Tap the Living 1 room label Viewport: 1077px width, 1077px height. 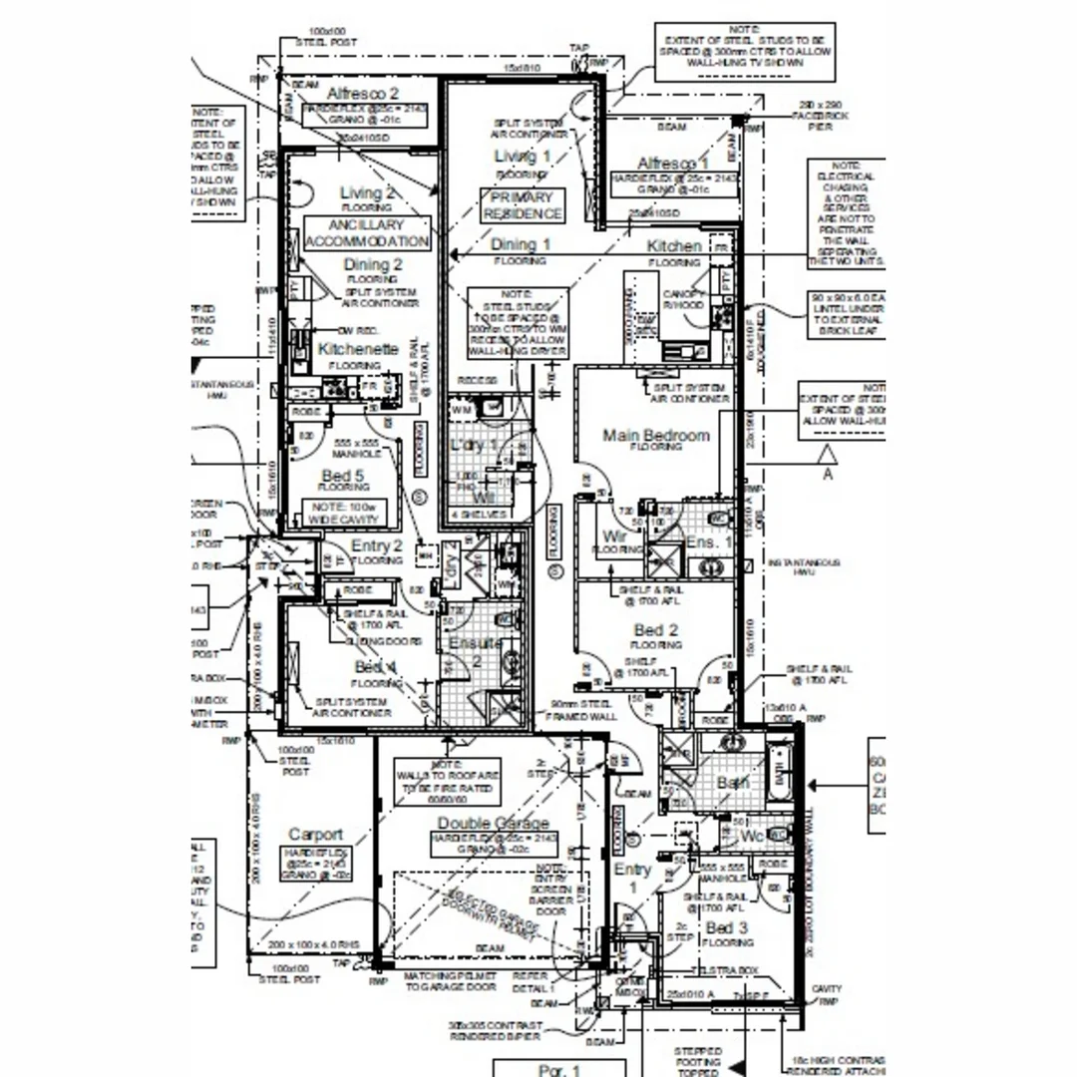[522, 157]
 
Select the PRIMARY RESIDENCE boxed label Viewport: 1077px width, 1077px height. [522, 205]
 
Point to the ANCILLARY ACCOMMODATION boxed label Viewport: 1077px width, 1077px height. [366, 233]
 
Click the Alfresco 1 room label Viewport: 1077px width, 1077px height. [673, 164]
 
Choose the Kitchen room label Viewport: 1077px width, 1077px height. [674, 245]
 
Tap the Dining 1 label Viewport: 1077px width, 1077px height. [520, 244]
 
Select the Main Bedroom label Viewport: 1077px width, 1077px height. [656, 435]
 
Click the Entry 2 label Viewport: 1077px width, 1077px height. [377, 546]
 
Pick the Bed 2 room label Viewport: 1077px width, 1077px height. [656, 630]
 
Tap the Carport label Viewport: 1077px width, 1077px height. [315, 834]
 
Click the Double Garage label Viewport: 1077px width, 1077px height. [493, 823]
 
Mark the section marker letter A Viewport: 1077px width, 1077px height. [827, 475]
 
